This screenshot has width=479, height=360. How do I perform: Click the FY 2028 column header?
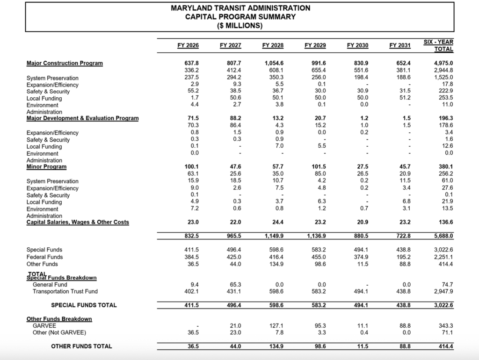pos(273,45)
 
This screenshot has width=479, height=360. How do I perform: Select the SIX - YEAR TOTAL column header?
pos(438,45)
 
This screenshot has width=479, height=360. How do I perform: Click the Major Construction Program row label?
pos(65,63)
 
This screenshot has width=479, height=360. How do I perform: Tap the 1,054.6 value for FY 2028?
pos(274,63)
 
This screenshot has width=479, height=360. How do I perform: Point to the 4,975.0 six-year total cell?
pos(443,63)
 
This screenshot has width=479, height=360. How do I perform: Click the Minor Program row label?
pos(46,166)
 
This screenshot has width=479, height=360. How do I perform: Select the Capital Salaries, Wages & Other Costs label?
pos(78,222)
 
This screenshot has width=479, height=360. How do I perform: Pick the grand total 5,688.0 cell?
pos(443,236)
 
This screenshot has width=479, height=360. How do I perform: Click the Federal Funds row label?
pos(44,257)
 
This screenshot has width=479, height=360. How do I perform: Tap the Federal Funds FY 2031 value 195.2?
pos(404,257)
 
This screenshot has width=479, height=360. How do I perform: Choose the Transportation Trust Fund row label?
pos(65,291)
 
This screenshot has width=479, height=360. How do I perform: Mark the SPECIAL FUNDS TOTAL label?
pos(84,305)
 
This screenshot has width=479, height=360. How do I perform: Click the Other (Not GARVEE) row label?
pos(59,333)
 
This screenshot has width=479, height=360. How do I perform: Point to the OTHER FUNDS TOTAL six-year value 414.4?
pos(443,346)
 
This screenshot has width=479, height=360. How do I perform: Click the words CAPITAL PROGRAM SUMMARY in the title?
pos(240,17)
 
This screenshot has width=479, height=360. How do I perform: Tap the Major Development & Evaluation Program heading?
pos(82,118)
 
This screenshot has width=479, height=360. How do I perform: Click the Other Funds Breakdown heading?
pos(59,319)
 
